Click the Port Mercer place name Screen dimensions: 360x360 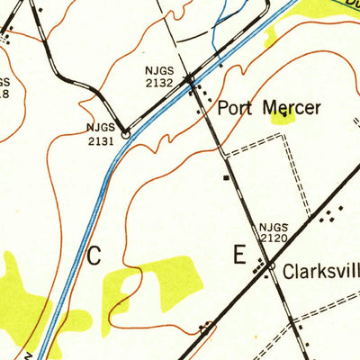269,109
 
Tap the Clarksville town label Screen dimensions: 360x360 320,270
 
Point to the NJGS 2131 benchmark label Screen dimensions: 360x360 101,135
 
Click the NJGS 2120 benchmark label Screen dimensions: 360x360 273,234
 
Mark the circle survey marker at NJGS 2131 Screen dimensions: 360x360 126,134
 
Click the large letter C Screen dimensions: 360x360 94,256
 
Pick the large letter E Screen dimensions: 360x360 238,256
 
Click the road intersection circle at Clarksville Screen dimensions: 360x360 268,267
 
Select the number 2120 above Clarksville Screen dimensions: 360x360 273,239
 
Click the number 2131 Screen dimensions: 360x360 101,140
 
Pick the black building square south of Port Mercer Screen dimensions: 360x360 228,177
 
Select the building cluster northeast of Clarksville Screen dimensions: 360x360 331,214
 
